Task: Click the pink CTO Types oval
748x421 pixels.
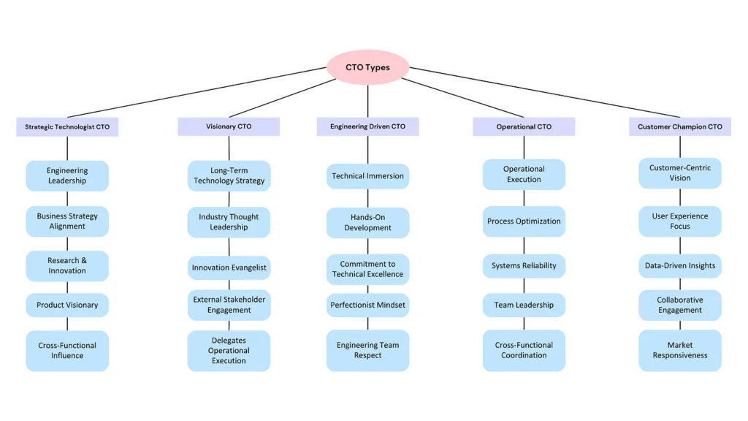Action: [x=368, y=67]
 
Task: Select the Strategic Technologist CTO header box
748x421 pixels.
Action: [x=67, y=127]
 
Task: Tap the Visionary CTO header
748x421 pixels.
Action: [x=229, y=126]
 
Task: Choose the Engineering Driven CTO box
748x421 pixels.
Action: [x=368, y=126]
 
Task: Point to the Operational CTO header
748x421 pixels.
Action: [x=524, y=126]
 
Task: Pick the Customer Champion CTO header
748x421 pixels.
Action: [x=680, y=126]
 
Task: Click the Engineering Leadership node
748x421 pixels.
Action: [x=67, y=175]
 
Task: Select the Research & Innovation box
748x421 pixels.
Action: [x=67, y=266]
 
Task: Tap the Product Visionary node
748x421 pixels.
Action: [x=67, y=305]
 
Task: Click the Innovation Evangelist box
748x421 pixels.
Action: [x=229, y=268]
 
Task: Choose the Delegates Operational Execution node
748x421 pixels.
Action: [x=229, y=350]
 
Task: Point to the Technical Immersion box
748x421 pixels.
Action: [x=368, y=176]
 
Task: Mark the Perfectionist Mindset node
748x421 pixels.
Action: [x=368, y=305]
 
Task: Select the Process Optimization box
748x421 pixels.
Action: [x=524, y=221]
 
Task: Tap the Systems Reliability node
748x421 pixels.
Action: [x=524, y=266]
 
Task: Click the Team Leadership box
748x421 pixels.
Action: [x=524, y=305]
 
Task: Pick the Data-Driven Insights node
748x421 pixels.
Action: [x=680, y=266]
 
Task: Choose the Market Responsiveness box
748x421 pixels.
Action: [x=680, y=350]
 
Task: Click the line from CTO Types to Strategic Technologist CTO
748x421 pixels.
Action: [x=197, y=92]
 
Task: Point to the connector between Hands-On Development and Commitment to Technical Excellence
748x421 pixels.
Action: [x=368, y=246]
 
